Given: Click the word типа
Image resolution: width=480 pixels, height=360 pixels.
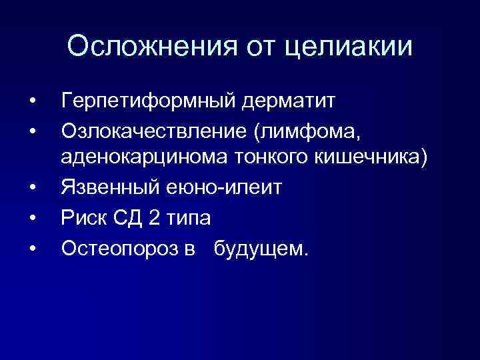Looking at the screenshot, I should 189,217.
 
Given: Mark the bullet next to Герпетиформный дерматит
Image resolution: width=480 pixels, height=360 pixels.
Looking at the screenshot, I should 33,103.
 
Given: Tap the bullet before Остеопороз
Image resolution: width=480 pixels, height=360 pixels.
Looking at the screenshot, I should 33,248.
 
